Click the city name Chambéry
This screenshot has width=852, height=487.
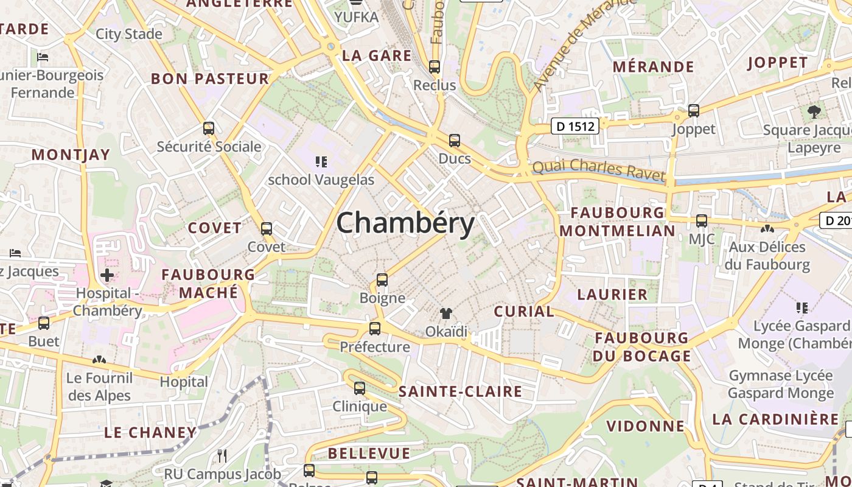(x=405, y=223)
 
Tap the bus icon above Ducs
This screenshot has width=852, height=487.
(x=455, y=141)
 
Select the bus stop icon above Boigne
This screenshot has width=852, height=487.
(x=382, y=280)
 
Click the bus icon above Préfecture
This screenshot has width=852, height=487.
(x=375, y=329)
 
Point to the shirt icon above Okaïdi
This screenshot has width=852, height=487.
(x=446, y=314)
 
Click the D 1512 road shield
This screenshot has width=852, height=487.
(x=575, y=126)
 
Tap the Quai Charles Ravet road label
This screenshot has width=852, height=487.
(x=599, y=170)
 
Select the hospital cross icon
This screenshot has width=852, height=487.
(x=107, y=275)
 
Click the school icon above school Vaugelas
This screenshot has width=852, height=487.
(x=321, y=162)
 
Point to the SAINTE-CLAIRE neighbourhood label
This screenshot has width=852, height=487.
(x=460, y=391)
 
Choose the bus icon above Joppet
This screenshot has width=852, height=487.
(x=694, y=111)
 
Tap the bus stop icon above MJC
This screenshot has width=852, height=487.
(x=702, y=220)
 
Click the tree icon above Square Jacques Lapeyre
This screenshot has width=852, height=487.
(x=814, y=112)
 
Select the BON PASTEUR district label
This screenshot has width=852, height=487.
(x=210, y=79)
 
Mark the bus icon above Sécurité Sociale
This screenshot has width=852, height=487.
(x=209, y=128)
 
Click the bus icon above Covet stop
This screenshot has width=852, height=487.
(x=267, y=229)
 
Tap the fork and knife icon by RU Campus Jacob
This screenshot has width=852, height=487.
(x=222, y=455)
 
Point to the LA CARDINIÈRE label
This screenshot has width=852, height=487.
(x=775, y=419)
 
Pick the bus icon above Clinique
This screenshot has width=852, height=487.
(x=360, y=388)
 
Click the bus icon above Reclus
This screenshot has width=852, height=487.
(x=435, y=67)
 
